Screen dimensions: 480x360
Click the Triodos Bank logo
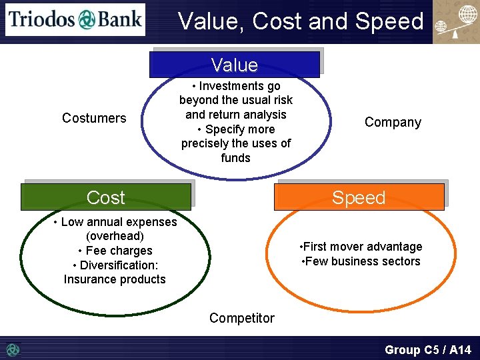pos(75,19)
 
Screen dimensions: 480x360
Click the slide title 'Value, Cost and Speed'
pos(301,21)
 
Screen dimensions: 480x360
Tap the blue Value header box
pos(234,65)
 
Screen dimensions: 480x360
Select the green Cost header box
pos(106,197)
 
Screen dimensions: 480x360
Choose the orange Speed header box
pos(359,197)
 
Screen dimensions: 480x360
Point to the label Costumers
pos(94,118)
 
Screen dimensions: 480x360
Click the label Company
pos(393,122)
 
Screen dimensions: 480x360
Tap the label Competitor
pos(241,318)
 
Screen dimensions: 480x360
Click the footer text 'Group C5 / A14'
pos(427,349)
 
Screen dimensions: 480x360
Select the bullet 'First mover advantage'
pos(361,247)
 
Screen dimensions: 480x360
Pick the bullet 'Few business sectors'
pos(361,261)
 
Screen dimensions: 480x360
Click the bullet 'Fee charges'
pos(115,251)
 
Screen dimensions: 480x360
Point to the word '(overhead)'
pos(115,236)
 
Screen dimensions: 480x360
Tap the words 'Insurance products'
pos(115,279)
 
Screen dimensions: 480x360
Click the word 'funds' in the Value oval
pos(235,158)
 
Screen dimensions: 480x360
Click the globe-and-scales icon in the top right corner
pos(456,23)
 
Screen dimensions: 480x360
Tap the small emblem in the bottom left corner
pos(13,349)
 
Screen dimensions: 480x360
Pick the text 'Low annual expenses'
pos(119,222)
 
